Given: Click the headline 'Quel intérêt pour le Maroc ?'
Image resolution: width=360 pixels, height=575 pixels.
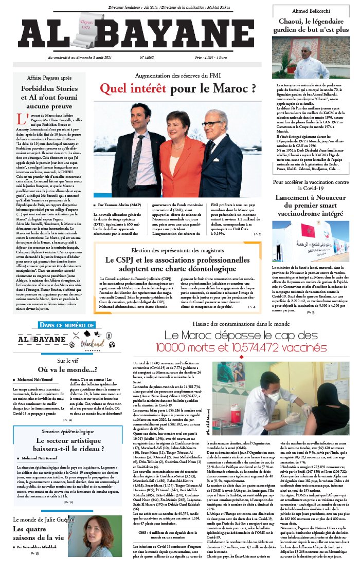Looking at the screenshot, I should click(x=178, y=89).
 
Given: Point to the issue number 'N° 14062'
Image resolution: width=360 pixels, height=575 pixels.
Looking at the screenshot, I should click(x=148, y=58).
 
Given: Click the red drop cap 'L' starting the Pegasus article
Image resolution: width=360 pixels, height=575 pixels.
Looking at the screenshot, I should click(x=21, y=119).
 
